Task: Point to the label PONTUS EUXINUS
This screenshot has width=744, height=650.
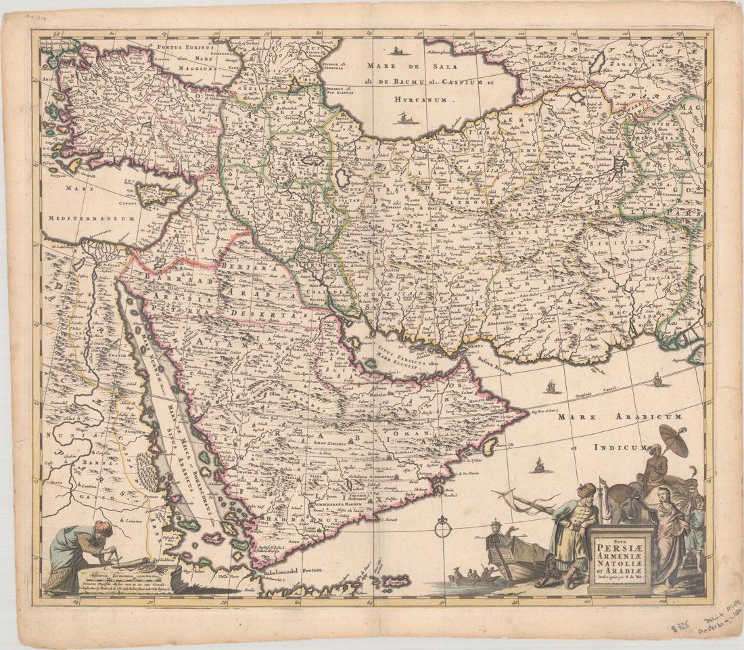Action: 186,49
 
